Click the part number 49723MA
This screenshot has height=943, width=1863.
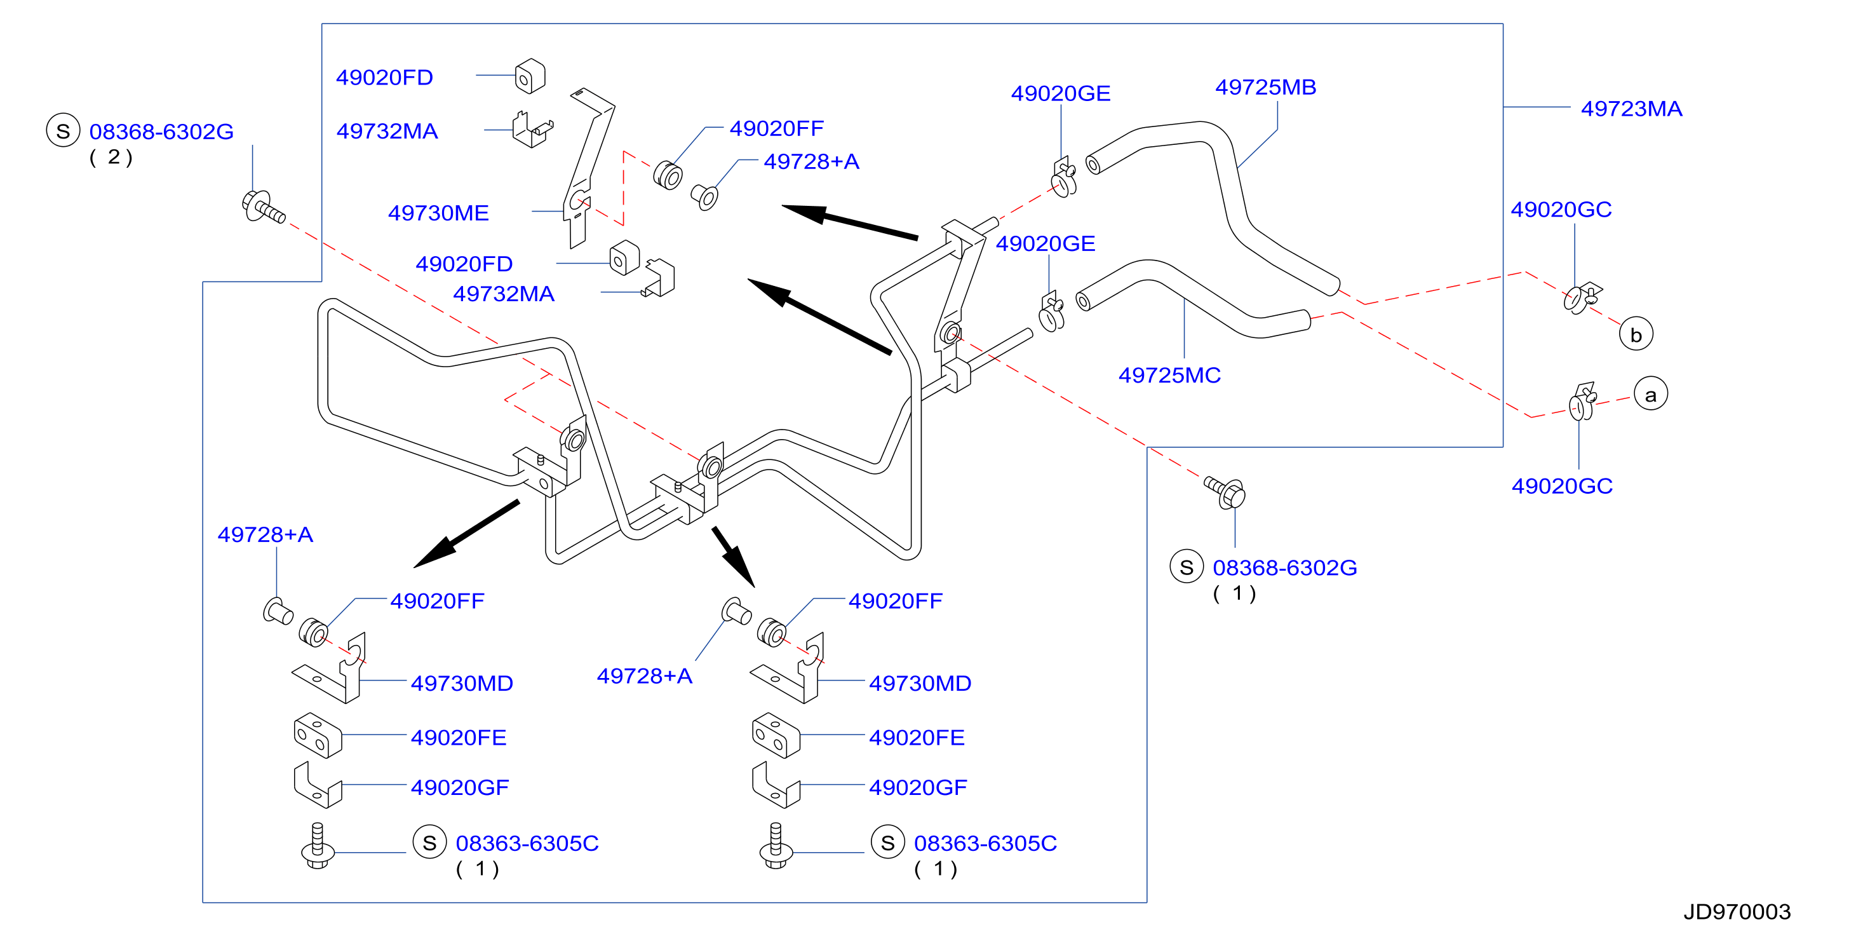[1631, 109]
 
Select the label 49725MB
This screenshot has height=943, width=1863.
[1266, 87]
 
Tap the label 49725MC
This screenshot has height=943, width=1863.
[1169, 375]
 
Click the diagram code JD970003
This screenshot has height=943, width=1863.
[1737, 911]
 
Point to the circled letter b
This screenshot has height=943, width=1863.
[1636, 334]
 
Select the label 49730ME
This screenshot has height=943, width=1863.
[438, 213]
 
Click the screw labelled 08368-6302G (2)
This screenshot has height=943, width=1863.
[263, 207]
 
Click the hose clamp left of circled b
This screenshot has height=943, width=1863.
[1582, 297]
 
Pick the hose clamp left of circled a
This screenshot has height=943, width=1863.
[1582, 402]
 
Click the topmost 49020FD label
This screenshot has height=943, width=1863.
[384, 78]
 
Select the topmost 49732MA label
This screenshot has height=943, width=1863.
[387, 131]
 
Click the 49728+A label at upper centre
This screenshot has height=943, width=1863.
[811, 161]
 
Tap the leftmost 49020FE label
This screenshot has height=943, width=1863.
[459, 738]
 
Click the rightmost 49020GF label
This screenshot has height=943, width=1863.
[918, 787]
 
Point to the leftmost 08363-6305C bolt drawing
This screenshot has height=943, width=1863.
[317, 845]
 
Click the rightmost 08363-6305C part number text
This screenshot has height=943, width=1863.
[985, 843]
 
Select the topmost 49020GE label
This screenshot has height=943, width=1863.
[1060, 93]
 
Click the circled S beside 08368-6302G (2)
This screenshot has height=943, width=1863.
[63, 131]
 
